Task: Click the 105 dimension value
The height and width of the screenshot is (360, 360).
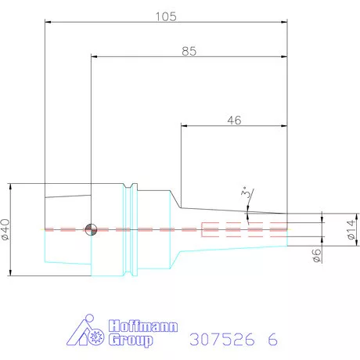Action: (166, 16)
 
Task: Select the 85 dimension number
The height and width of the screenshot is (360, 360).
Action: (189, 51)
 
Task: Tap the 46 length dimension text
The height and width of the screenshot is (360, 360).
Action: (234, 121)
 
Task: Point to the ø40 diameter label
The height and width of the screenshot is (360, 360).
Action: (5, 229)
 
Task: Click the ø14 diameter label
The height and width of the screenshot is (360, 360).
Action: (351, 229)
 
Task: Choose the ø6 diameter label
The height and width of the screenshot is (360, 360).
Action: (316, 255)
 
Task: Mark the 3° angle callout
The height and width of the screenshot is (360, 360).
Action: (245, 193)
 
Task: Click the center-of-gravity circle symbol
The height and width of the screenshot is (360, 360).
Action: (91, 229)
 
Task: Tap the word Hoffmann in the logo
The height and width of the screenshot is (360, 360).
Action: (143, 326)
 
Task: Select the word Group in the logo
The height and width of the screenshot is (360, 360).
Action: (131, 340)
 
